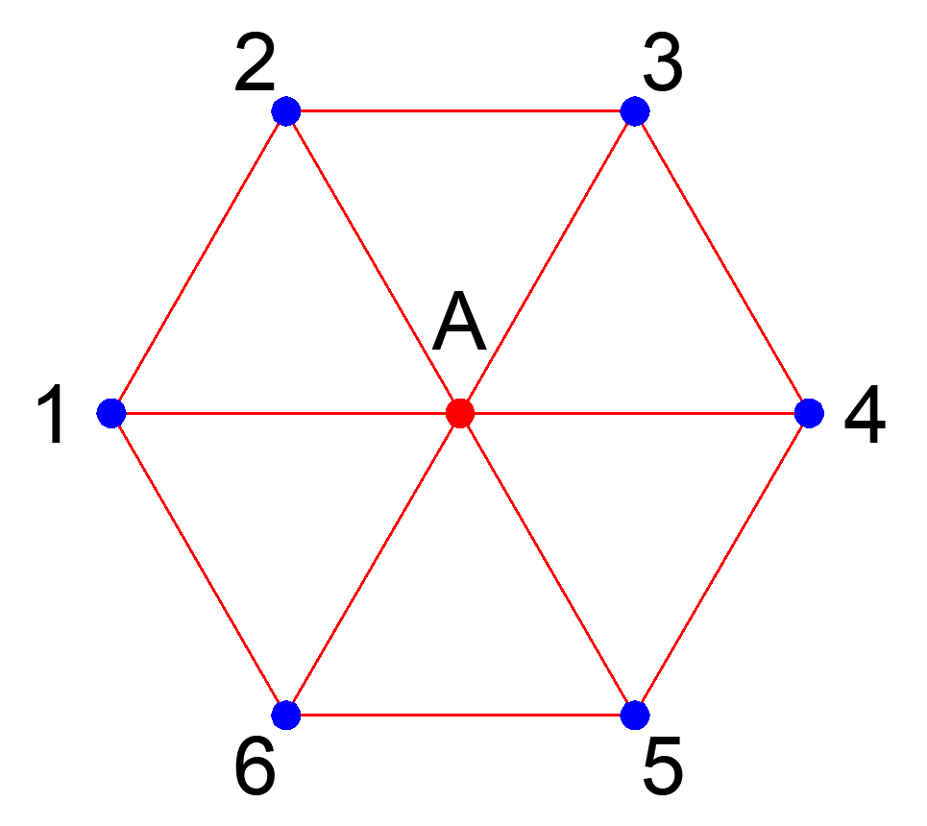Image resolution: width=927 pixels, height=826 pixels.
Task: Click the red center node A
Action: pos(460,413)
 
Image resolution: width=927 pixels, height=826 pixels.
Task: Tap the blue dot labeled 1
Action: pos(112,413)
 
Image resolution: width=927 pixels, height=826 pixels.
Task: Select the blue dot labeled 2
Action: pos(286,111)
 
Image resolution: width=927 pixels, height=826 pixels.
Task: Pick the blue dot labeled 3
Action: pos(634,111)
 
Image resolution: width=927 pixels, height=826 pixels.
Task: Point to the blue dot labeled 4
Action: pos(809,413)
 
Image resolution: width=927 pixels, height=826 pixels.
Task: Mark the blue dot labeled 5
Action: pos(634,715)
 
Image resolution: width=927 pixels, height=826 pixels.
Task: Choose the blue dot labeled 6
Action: pos(286,715)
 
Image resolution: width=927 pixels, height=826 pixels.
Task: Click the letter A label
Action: pos(459,325)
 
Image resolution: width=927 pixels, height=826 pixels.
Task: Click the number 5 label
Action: pos(663,765)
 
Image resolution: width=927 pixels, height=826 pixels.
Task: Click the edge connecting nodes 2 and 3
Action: pos(460,111)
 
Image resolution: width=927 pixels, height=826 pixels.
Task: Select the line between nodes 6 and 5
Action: pos(460,715)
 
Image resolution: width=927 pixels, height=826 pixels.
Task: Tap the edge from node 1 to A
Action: pos(286,413)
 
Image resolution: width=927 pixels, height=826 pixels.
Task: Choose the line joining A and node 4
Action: pos(634,413)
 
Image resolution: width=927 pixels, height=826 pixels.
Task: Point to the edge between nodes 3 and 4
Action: pos(721,262)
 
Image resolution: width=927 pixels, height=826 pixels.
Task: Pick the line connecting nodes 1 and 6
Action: pos(199,564)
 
